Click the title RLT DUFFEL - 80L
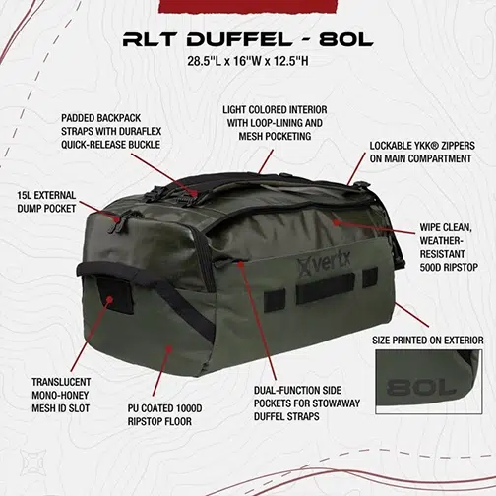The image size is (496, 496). [x=248, y=39]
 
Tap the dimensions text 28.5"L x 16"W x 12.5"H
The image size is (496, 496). [x=248, y=61]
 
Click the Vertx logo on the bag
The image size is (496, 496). [x=325, y=263]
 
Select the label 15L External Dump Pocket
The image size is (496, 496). [x=46, y=202]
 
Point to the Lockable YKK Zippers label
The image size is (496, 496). [x=422, y=153]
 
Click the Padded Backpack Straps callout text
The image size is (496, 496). [x=111, y=131]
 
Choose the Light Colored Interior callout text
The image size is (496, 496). [x=275, y=123]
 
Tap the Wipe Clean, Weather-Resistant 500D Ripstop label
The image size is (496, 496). [x=449, y=247]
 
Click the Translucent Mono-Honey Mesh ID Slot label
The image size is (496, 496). [x=61, y=396]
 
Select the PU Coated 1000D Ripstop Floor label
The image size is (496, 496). [x=164, y=415]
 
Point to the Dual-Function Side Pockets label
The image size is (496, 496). [x=307, y=403]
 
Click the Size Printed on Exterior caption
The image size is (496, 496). [x=428, y=341]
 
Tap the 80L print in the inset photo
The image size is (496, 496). [x=421, y=388]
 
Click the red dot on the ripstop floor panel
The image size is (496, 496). [x=168, y=349]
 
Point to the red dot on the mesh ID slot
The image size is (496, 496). [x=110, y=299]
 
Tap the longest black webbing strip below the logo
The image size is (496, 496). [x=326, y=288]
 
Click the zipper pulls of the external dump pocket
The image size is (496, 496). [x=117, y=223]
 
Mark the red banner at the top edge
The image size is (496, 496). [x=248, y=6]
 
